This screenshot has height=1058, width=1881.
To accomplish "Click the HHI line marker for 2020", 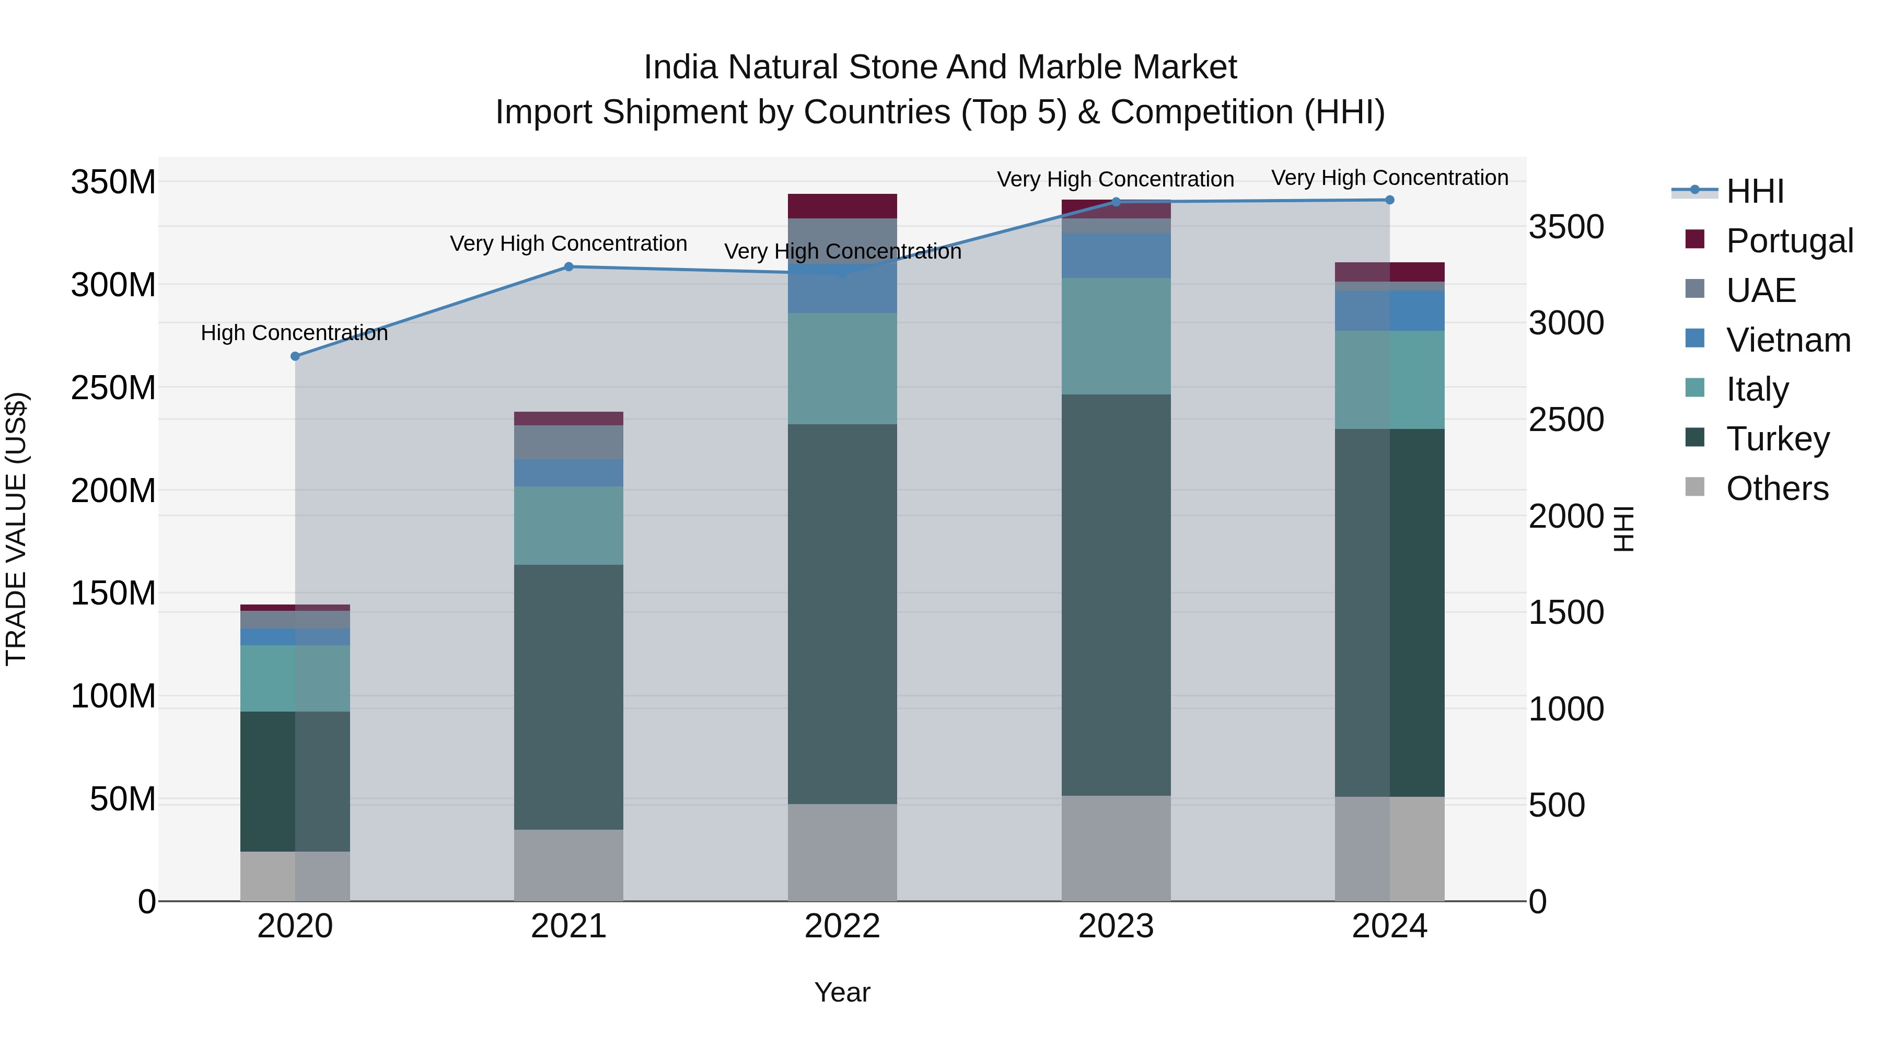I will click(x=295, y=356).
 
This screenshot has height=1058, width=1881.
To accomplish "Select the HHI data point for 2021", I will click(x=569, y=266).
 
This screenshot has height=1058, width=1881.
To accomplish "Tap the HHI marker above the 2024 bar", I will click(x=1389, y=200).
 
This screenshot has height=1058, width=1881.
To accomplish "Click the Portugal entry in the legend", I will click(x=1789, y=240).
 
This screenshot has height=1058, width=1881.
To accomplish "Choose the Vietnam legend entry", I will click(x=1787, y=340).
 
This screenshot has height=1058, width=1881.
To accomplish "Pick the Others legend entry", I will click(x=1776, y=488).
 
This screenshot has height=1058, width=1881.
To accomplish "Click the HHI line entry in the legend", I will click(x=1755, y=191).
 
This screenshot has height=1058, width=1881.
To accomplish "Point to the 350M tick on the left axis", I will click(x=113, y=182).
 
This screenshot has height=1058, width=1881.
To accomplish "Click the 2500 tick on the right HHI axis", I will click(x=1566, y=420).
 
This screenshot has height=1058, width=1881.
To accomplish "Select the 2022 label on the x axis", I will click(x=842, y=926).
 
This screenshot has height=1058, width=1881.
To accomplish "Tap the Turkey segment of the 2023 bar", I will click(x=1116, y=595).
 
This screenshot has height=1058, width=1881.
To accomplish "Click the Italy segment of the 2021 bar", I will click(x=569, y=526).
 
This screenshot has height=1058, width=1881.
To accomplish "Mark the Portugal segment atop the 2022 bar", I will click(x=842, y=206).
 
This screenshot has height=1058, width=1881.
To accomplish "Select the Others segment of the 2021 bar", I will click(x=569, y=865).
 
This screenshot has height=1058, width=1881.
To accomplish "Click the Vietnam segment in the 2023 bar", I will click(x=1116, y=255).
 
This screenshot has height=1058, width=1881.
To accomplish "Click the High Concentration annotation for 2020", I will click(x=294, y=333).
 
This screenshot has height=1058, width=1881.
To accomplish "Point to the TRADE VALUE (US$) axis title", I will click(x=16, y=529).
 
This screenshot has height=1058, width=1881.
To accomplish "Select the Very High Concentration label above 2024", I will click(x=1389, y=178).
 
